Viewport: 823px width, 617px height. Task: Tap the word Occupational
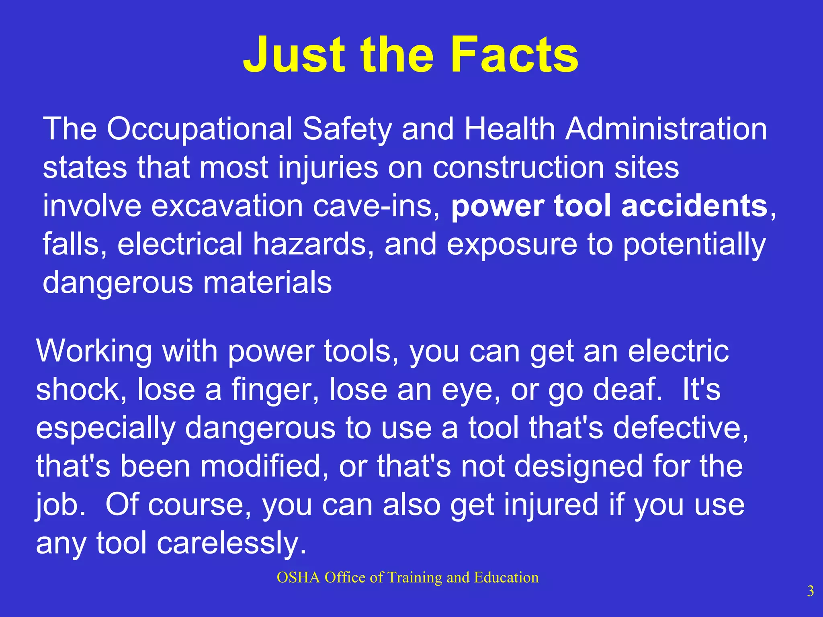[199, 129]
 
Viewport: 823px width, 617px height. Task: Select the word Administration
[666, 129]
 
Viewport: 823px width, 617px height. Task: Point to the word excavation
[227, 206]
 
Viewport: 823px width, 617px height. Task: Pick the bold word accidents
[694, 206]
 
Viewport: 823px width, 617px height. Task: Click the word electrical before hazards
[180, 244]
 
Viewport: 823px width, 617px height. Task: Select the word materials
[267, 282]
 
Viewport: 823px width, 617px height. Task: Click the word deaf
[626, 390]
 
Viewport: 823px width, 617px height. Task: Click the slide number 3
[810, 591]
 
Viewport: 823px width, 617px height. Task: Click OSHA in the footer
[298, 578]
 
